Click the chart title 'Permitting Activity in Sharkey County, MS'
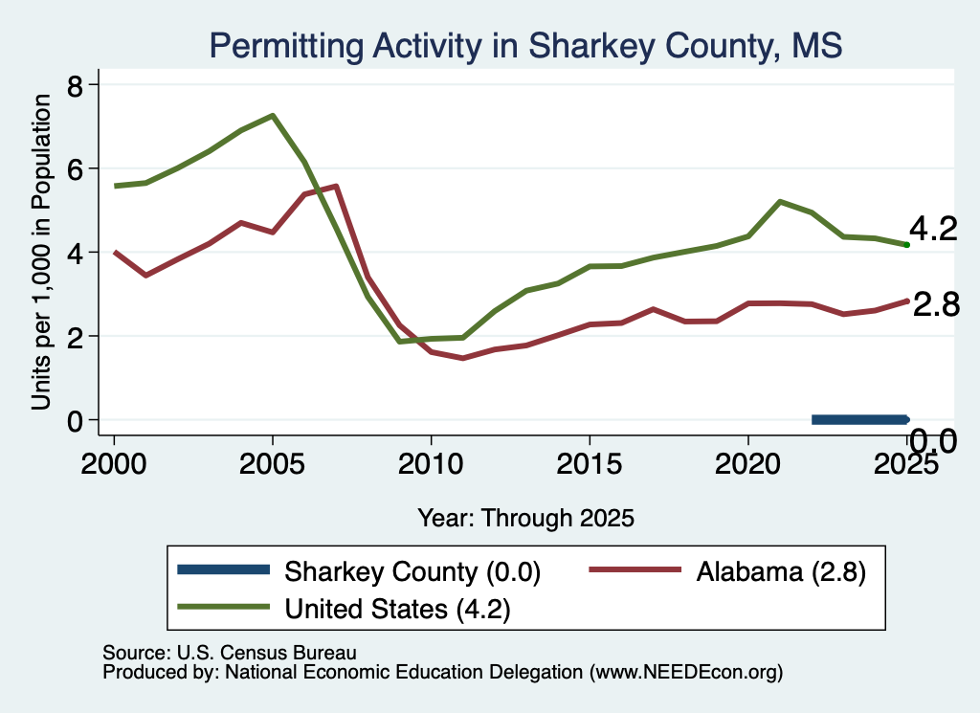pyautogui.click(x=525, y=46)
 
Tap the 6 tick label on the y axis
pyautogui.click(x=75, y=168)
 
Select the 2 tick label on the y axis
pyautogui.click(x=75, y=336)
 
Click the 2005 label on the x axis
pyautogui.click(x=272, y=463)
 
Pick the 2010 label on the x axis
pyautogui.click(x=431, y=463)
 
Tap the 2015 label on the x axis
pyautogui.click(x=590, y=463)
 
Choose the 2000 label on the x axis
pyautogui.click(x=114, y=463)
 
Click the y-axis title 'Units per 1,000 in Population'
pyautogui.click(x=41, y=252)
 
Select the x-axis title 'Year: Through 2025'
pyautogui.click(x=525, y=518)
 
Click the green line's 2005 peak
pyautogui.click(x=273, y=116)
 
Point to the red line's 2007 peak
pyautogui.click(x=336, y=187)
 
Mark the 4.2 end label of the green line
pyautogui.click(x=933, y=229)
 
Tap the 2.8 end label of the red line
pyautogui.click(x=936, y=305)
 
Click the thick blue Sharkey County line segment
pyautogui.click(x=860, y=420)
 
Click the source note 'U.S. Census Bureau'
pyautogui.click(x=267, y=653)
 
